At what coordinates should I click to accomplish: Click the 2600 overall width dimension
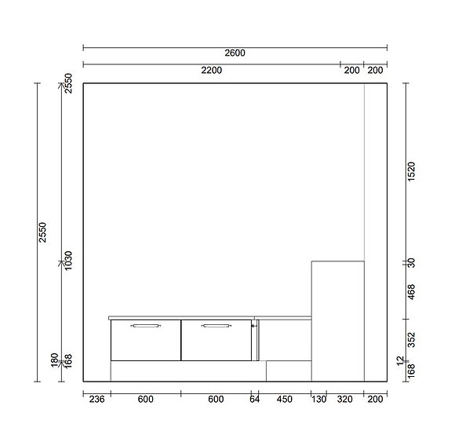pos(235,53)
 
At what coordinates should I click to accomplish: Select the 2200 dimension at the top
pos(211,71)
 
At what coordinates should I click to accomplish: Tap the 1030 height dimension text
pos(68,261)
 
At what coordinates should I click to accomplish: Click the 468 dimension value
pos(412,291)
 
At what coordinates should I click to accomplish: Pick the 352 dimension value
pos(412,338)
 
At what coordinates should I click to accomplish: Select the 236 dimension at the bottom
pos(96,400)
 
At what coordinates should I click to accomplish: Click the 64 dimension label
pos(254,400)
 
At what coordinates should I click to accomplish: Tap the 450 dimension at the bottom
pos(284,400)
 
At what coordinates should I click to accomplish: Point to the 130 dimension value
pos(318,400)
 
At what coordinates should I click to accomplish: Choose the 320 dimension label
pos(345,400)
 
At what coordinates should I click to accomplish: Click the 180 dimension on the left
pos(54,360)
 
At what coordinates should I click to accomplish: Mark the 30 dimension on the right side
pos(412,263)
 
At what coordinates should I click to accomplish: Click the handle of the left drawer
pos(145,325)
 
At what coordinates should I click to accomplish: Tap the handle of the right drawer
pos(216,325)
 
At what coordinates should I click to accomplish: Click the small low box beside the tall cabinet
pos(289,371)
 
